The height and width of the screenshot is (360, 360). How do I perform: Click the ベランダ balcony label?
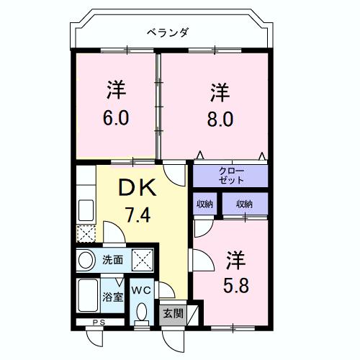167,32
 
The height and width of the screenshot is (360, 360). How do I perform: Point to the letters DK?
138,189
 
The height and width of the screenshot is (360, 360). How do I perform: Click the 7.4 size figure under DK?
138,215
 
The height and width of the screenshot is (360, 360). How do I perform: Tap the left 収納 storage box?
204,204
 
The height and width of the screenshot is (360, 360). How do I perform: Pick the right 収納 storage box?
244,204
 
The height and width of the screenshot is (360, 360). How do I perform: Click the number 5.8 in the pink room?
235,284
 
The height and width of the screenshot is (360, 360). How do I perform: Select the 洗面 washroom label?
112,259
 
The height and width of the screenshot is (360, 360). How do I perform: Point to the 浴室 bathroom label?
112,297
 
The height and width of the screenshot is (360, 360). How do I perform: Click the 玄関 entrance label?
171,314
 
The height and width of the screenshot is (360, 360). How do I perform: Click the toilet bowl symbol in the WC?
141,311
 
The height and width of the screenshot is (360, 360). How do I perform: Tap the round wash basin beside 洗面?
86,259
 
